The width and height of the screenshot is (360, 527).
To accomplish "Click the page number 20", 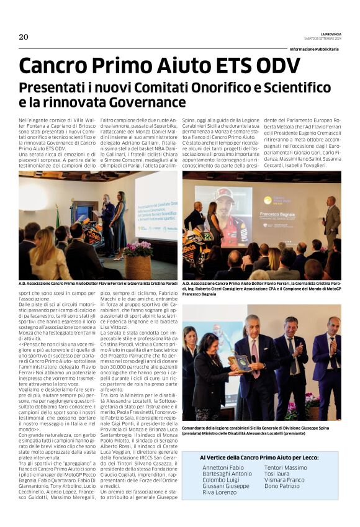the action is [x=24, y=37].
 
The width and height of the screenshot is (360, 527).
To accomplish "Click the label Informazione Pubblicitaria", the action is [x=314, y=49].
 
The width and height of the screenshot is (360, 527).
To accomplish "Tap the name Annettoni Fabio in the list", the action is [x=223, y=467].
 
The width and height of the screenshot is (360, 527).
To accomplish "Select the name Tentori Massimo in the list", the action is [x=286, y=467].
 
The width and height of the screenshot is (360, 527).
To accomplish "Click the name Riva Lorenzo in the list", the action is [x=220, y=492].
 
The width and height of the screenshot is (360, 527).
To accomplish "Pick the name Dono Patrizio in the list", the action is [x=282, y=486].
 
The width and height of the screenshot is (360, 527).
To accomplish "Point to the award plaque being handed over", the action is [x=240, y=361].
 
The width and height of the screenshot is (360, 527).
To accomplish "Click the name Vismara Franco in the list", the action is [x=284, y=480].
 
